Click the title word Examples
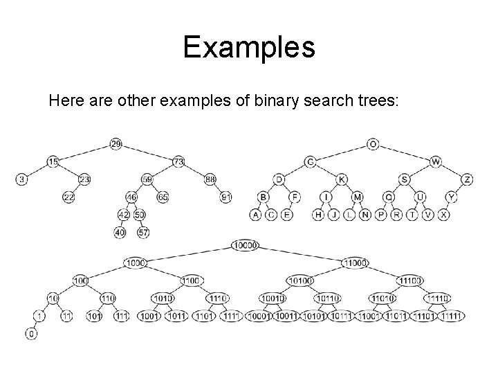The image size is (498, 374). coord(249,48)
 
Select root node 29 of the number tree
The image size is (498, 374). coord(116,144)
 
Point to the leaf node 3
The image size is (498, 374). coord(22,179)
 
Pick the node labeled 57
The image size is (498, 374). coord(144,233)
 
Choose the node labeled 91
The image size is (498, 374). coord(225,197)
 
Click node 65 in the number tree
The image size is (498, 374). coord(163,197)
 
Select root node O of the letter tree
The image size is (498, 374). coord(373,144)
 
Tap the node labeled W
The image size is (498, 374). coord(435,161)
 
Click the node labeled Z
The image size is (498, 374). coord(468,179)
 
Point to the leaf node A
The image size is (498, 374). coord(255,215)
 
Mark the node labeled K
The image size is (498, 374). coord(342,179)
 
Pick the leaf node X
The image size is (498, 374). coord(443,215)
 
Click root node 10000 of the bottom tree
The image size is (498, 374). coord(246,244)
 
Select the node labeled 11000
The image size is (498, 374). coord(356,262)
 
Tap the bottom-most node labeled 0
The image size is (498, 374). coord(32,335)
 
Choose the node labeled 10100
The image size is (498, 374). coord(300,280)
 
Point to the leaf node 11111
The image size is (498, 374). coord(450,317)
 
